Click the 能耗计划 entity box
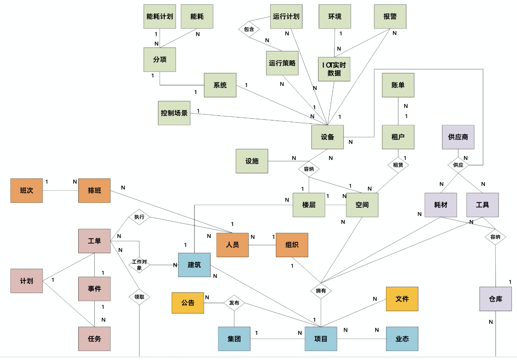click(160, 16)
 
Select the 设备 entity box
click(327, 137)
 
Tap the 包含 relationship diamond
click(249, 29)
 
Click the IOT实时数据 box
click(334, 69)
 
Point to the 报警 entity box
click(390, 16)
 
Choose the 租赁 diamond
click(398, 165)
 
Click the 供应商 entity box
click(458, 137)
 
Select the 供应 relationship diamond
click(458, 165)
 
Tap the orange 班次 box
click(26, 190)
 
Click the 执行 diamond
click(139, 217)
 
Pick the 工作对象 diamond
click(139, 265)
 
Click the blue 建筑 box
click(194, 265)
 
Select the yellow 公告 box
click(188, 303)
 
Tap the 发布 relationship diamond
click(234, 303)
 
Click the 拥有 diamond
click(321, 291)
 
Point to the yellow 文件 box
click(402, 299)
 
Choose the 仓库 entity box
click(496, 299)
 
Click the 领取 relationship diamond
click(139, 297)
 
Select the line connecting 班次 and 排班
click(60, 191)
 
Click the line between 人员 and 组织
click(262, 245)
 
